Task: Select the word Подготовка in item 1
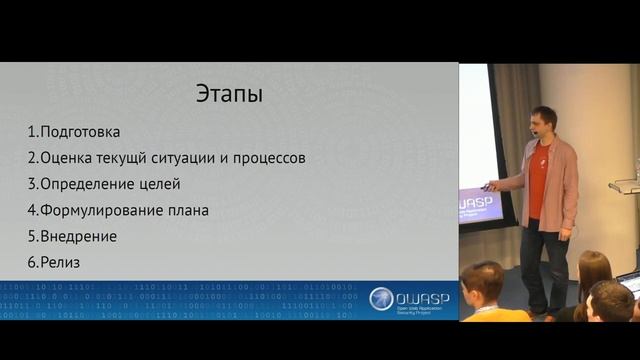80,132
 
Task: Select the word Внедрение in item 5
79,236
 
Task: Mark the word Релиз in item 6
60,262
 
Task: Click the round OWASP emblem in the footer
381,298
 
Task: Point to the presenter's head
543,121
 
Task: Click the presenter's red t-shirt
538,180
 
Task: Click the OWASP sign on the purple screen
481,204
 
